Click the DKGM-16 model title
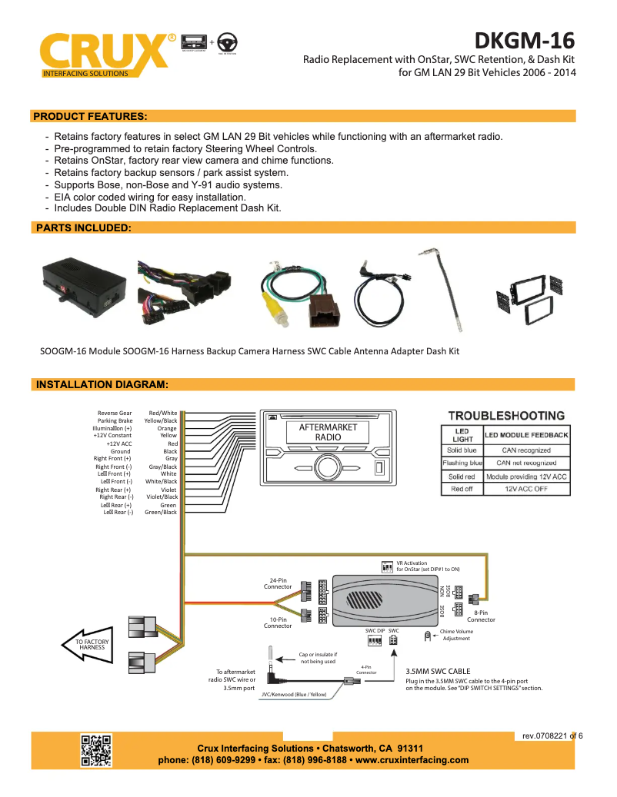point(524,39)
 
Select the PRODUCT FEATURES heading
point(90,116)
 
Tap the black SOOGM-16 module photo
point(82,285)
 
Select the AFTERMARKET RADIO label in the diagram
point(327,432)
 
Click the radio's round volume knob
point(326,467)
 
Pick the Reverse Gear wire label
point(115,413)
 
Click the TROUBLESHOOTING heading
point(506,416)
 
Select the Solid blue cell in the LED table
point(462,450)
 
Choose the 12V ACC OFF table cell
point(525,489)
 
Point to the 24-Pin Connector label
point(278,583)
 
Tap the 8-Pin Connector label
point(481,616)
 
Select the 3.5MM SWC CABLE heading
point(437,671)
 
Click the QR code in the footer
point(97,749)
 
